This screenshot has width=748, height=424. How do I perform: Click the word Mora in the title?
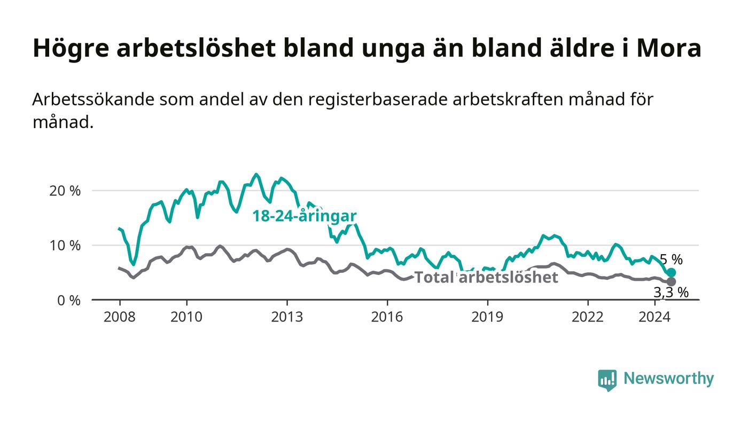(668, 48)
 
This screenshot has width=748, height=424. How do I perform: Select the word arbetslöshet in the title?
(196, 48)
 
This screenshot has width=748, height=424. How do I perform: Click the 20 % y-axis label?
(65, 191)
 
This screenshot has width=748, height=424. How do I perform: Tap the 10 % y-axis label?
(65, 246)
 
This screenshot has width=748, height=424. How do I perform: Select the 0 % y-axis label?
(69, 301)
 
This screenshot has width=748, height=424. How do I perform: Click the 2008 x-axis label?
(120, 317)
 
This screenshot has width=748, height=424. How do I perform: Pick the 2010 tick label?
(186, 317)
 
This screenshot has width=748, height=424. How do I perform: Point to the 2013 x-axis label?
(287, 317)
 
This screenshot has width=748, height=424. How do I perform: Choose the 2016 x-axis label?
(387, 317)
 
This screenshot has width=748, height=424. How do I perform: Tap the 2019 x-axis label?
(487, 317)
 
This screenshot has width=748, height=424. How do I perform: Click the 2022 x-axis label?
(588, 317)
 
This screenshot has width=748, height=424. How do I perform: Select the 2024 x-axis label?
(654, 317)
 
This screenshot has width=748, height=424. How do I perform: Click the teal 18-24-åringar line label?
(305, 216)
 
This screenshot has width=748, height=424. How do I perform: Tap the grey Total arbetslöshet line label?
(486, 278)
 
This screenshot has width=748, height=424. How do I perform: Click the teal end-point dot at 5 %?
(671, 273)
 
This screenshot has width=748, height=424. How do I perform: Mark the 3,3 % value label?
(671, 293)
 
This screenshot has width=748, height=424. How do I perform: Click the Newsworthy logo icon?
(607, 380)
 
